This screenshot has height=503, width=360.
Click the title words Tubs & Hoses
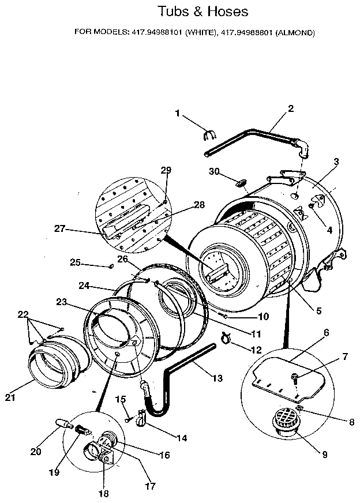point(195,11)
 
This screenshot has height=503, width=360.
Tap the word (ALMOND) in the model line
point(294,33)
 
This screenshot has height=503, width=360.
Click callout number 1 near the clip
point(178,113)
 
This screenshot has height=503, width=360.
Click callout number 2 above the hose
point(290,108)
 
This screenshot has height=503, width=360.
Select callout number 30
point(213,171)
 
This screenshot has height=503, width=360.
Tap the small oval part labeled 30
point(238,183)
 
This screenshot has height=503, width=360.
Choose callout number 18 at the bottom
point(103,493)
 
